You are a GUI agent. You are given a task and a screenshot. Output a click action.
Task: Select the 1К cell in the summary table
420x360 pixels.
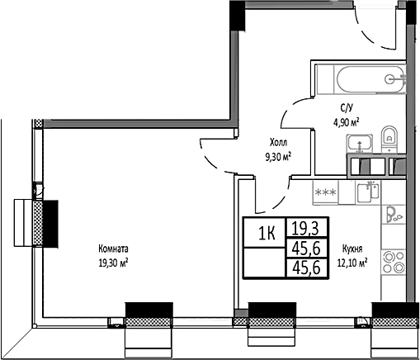(x=267, y=231)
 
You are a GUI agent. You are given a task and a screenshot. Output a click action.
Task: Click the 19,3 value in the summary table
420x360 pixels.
(x=304, y=225)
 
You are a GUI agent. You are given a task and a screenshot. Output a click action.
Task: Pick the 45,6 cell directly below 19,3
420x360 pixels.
(x=304, y=246)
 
